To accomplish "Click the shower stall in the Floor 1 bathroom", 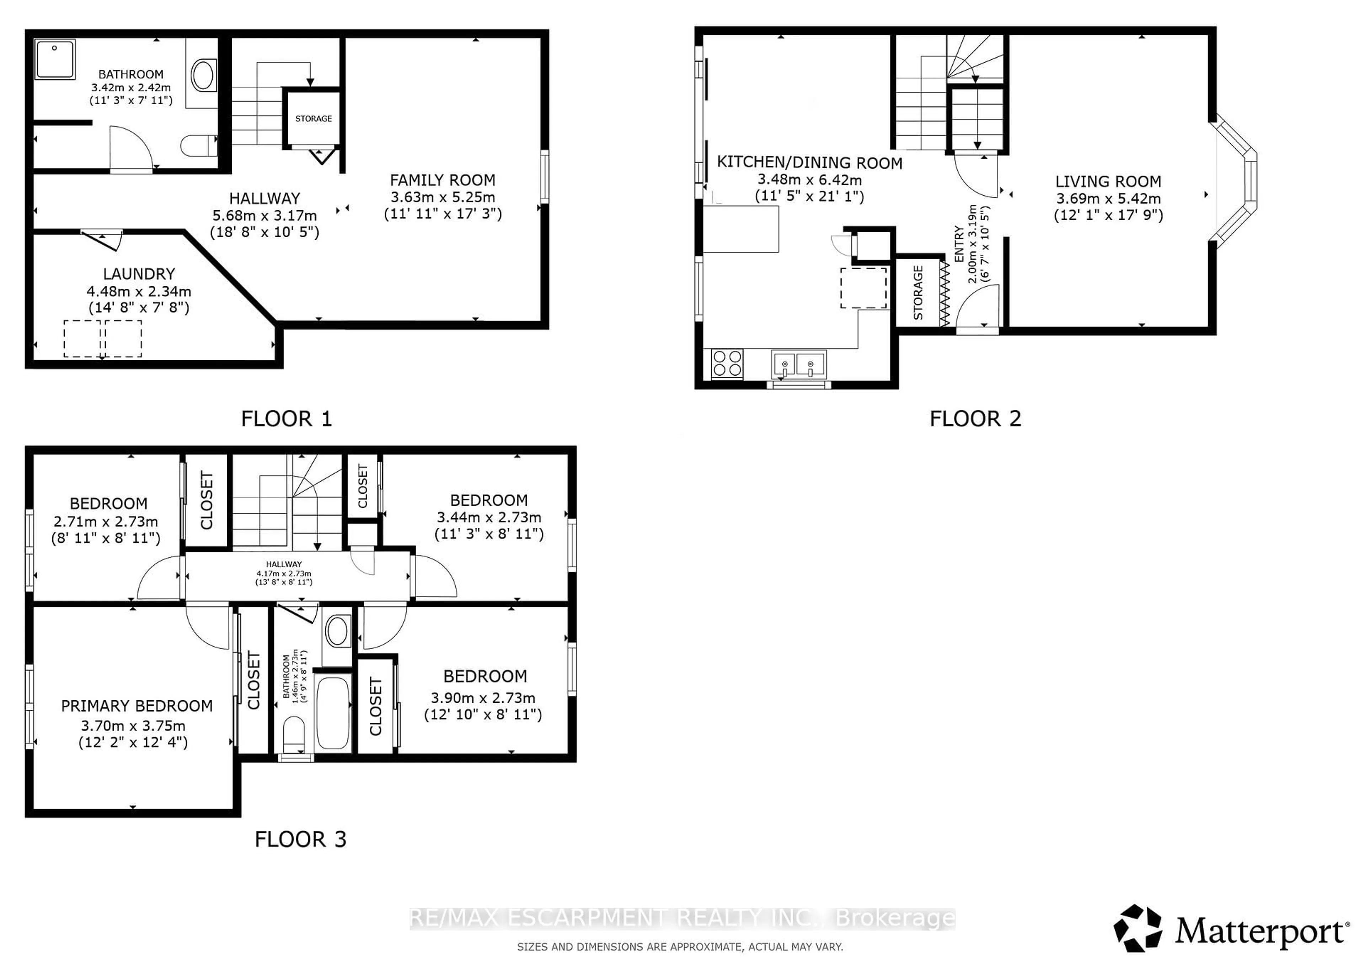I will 55,59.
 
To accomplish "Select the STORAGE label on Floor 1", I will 313,119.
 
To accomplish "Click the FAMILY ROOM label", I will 442,180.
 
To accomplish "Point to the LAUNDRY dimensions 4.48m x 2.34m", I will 139,291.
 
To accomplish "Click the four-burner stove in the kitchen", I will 727,363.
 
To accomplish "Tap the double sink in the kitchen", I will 798,364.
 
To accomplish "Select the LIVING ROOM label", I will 1108,181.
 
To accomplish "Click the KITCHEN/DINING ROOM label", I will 809,163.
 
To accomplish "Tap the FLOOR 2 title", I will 975,419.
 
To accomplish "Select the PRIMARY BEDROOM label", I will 137,706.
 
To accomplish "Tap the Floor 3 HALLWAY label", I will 284,564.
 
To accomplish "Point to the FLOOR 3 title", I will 300,839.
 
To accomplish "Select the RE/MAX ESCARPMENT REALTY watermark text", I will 682,918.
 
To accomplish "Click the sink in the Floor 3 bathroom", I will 337,631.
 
